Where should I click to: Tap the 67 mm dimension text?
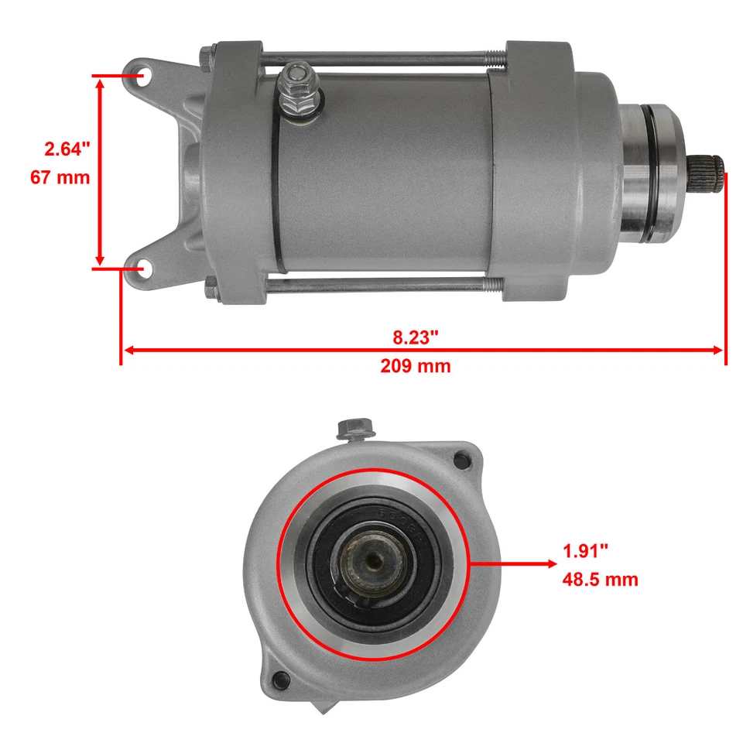tap(60, 177)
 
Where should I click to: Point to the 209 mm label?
tap(415, 366)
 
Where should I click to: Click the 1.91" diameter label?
tap(585, 551)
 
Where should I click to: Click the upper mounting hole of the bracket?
tap(142, 77)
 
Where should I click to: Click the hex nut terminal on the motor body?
tap(295, 77)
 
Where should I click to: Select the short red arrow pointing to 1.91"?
tap(511, 564)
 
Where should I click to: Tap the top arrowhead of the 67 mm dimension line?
tap(99, 82)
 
